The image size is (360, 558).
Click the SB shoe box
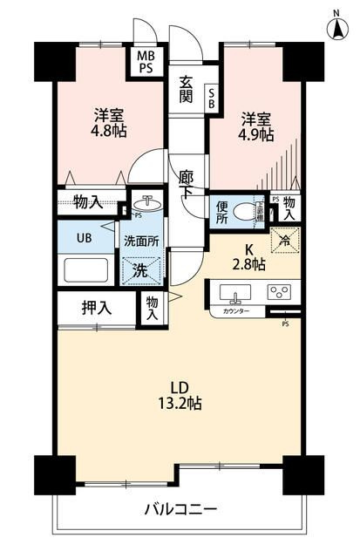211,99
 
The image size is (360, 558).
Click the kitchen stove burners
280,292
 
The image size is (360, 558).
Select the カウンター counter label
236,311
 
